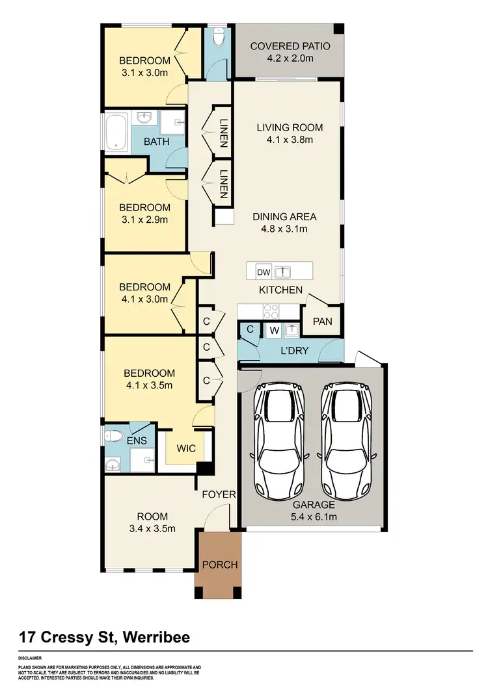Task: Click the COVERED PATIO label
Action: (x=290, y=46)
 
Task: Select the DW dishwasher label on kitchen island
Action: (x=264, y=272)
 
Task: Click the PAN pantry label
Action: (x=322, y=321)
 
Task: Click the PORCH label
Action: (x=220, y=564)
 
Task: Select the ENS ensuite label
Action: (x=137, y=440)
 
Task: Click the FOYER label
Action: (x=218, y=494)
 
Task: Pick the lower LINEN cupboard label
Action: (x=223, y=184)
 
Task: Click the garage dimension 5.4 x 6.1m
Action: (x=314, y=516)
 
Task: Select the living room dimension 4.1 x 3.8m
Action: (x=290, y=139)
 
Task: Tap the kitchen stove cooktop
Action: (x=270, y=311)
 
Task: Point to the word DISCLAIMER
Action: (x=32, y=657)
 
